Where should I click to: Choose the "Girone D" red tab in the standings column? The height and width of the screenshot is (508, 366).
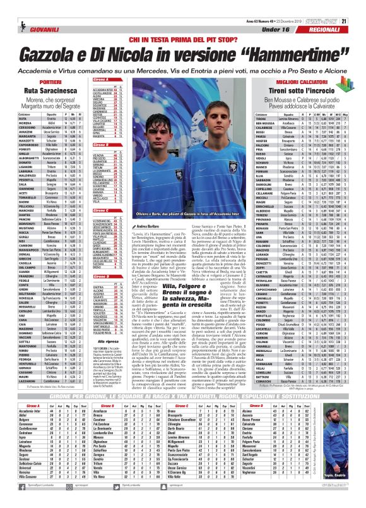pos(105,267)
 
